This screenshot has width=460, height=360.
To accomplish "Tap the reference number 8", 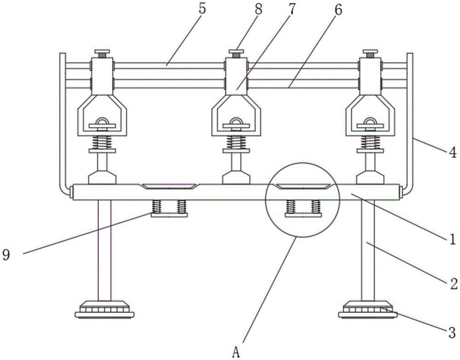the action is pyautogui.click(x=259, y=9).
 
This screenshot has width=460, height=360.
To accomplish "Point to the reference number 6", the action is pyautogui.click(x=338, y=10).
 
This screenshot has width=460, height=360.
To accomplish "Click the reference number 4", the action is pyautogui.click(x=453, y=153).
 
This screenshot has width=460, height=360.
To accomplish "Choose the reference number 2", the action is pyautogui.click(x=454, y=284).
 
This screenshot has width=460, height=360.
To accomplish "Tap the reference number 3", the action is pyautogui.click(x=452, y=333).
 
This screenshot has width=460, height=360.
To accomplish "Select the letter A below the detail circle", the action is pyautogui.click(x=236, y=352).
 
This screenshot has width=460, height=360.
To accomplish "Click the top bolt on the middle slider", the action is pyautogui.click(x=236, y=54).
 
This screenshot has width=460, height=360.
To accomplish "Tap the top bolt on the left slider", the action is pyautogui.click(x=102, y=54).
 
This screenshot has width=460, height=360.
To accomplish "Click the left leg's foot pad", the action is pyautogui.click(x=104, y=309).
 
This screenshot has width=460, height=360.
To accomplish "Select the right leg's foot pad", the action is pyautogui.click(x=368, y=309).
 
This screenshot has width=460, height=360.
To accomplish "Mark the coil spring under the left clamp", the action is pyautogui.click(x=102, y=143).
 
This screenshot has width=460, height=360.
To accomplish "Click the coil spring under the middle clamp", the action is pyautogui.click(x=236, y=143).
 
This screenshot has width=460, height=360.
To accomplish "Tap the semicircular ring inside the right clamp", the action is pyautogui.click(x=370, y=121).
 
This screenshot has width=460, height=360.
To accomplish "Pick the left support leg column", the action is pyautogui.click(x=104, y=250).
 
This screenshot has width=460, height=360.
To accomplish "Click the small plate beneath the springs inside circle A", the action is pyautogui.click(x=303, y=215).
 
